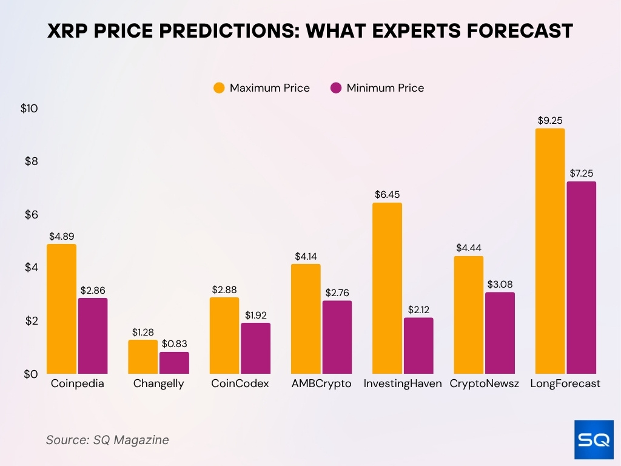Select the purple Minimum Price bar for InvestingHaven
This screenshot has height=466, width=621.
418,346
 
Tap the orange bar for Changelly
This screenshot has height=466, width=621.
143,357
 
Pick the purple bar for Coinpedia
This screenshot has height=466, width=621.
93,336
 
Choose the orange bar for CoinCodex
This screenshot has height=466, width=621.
224,336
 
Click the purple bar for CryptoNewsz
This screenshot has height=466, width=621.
500,333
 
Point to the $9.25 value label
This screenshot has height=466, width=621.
550,121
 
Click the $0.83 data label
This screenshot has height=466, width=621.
174,344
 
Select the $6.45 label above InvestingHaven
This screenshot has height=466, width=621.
387,195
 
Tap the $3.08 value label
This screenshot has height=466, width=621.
500,285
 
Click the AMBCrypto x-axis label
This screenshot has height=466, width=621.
321,383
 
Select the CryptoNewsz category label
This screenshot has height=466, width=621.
484,383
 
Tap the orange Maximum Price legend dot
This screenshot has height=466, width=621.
219,88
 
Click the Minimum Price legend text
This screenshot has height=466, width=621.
385,88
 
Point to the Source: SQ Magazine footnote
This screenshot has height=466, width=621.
107,440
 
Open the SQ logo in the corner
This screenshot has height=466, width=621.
594,440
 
